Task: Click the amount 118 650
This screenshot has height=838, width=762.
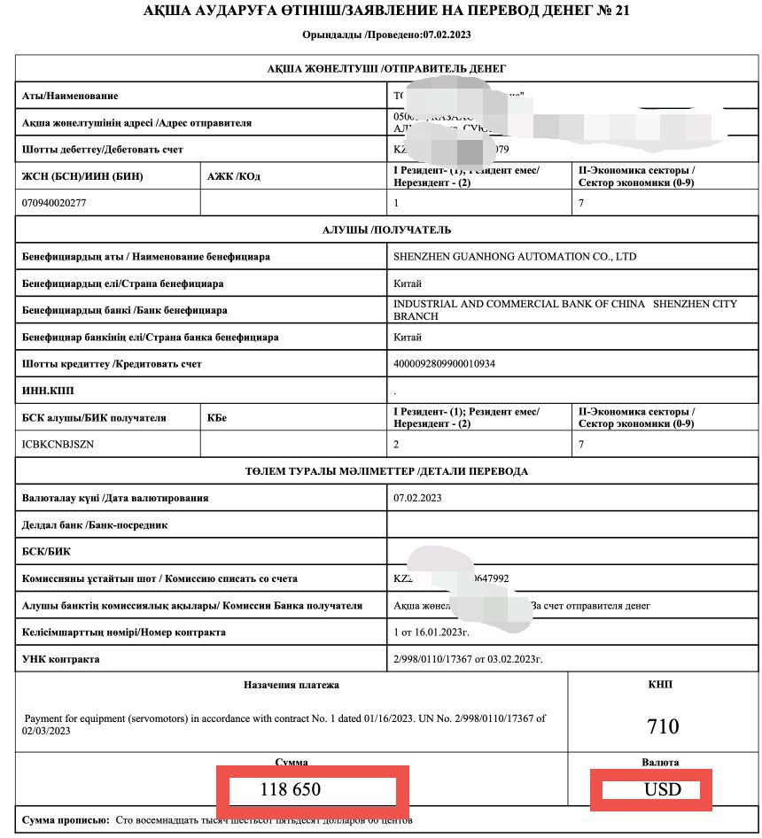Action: coord(290,789)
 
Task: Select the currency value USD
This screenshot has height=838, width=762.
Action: coord(664,789)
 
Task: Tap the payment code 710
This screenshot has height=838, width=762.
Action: coord(663,726)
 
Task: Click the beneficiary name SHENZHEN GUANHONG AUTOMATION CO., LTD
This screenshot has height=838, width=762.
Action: coord(515,257)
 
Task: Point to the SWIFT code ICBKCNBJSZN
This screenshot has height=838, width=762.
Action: coord(58,444)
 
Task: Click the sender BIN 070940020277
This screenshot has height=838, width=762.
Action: coord(55,203)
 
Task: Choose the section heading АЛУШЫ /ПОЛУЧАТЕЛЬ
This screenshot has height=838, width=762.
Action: coord(386,230)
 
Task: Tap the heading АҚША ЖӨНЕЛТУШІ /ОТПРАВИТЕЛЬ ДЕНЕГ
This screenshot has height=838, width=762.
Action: coord(386,69)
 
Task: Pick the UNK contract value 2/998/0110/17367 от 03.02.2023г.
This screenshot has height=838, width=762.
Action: coord(467,659)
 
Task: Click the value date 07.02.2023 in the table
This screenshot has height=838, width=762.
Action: coord(417,498)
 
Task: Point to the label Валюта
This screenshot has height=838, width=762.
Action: coord(660,762)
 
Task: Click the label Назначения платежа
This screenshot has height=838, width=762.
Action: coord(292,685)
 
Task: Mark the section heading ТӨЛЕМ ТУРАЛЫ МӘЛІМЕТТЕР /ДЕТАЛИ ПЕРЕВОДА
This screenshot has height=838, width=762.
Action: coord(386,471)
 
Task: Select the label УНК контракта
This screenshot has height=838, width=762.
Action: coord(61,659)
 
